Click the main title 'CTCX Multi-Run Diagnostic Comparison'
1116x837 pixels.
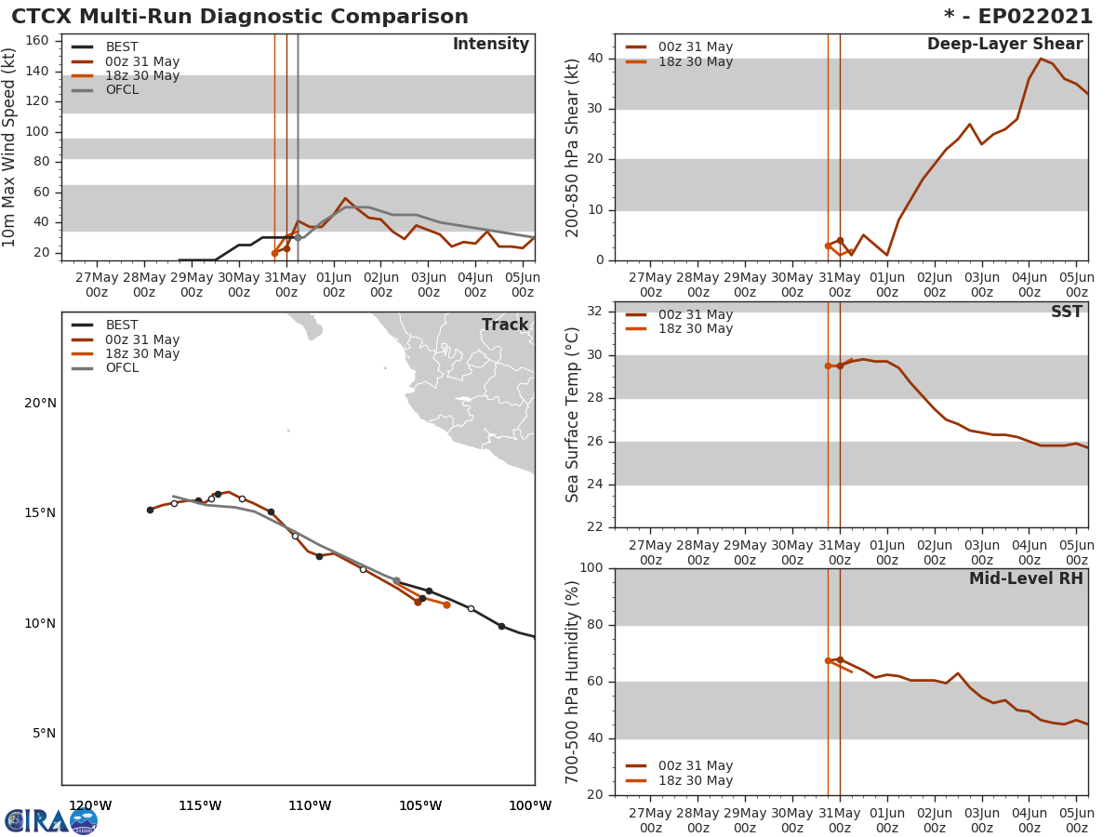point(240,17)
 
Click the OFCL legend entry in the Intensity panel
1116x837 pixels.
point(121,90)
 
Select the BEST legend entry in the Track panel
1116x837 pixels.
point(121,325)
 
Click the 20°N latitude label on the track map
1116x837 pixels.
point(40,403)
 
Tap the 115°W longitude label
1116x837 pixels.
point(200,805)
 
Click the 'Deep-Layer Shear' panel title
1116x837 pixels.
point(1004,45)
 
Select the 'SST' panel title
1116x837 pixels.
point(1067,312)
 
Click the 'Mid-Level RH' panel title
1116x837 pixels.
point(1026,578)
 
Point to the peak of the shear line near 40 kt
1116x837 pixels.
point(1041,59)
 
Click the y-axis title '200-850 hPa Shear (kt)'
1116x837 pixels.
point(573,147)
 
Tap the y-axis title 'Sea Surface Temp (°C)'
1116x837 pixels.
point(573,415)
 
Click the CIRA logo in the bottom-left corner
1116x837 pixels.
point(51,820)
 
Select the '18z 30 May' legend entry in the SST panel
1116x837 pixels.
point(695,329)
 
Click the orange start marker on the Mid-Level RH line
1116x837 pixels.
point(828,660)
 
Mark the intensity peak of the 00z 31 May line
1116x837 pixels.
point(345,198)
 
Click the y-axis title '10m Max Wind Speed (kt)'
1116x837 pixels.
point(10,147)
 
